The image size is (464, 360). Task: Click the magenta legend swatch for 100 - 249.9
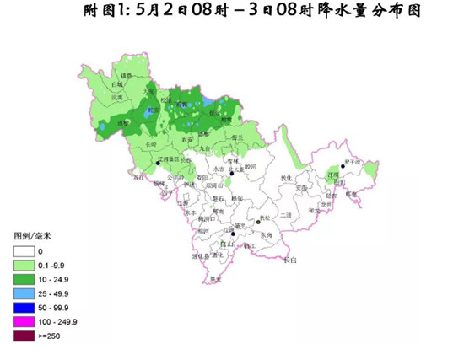point(25,321)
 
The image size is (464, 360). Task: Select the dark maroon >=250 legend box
point(25,336)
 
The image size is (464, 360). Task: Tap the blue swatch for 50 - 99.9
point(25,307)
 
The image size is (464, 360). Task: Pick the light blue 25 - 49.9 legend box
point(25,293)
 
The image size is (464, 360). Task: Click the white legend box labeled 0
point(25,250)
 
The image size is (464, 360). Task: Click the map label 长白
point(289,260)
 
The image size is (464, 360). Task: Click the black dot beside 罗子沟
point(343,165)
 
